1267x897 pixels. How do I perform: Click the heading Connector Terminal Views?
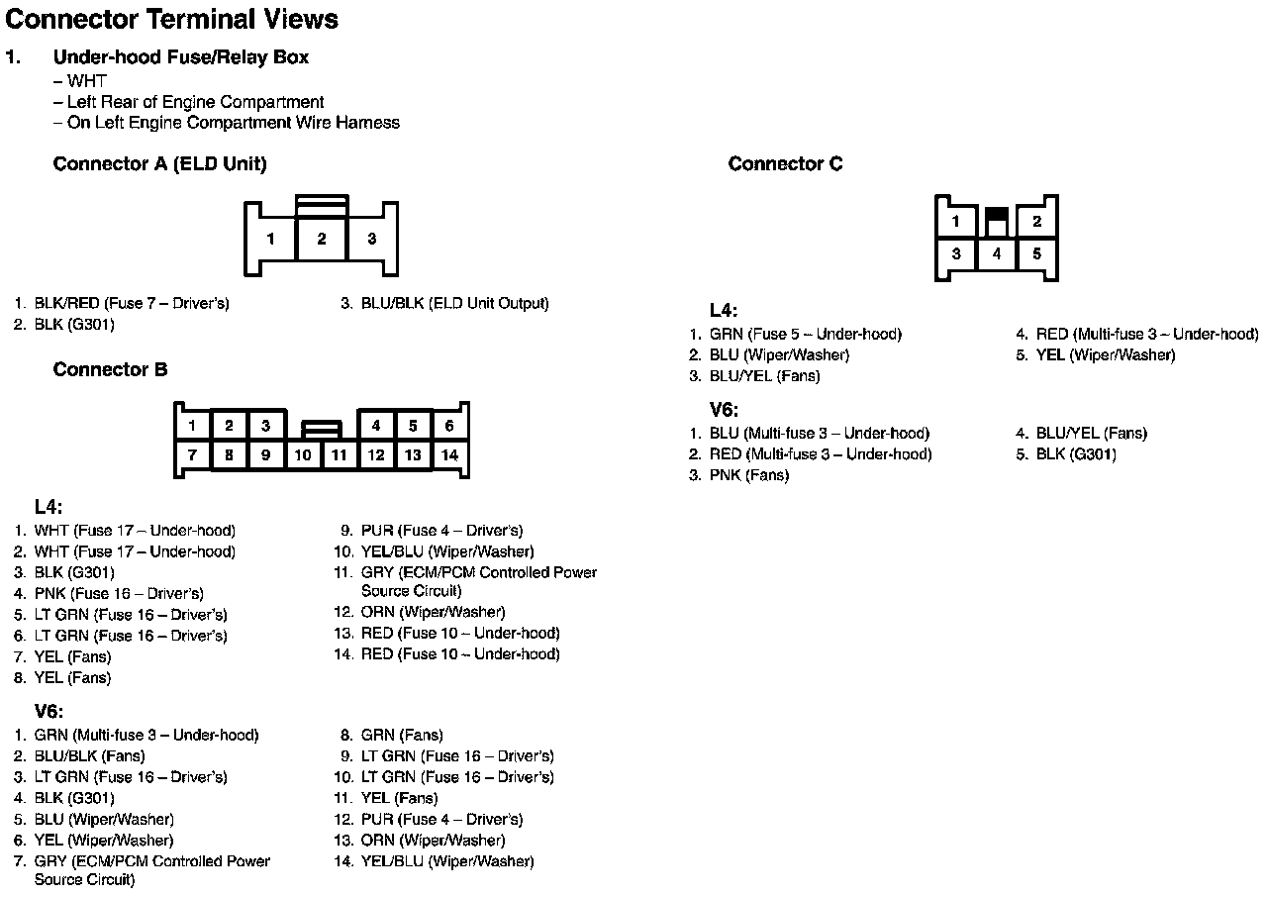click(x=171, y=19)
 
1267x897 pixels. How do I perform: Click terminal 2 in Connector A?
click(x=322, y=239)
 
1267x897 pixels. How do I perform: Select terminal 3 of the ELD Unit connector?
click(x=371, y=239)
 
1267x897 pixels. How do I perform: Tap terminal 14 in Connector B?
click(x=449, y=455)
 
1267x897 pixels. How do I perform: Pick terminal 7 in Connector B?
click(x=192, y=455)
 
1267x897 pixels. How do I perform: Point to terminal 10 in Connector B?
click(x=303, y=455)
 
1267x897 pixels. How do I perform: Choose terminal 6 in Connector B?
click(x=449, y=426)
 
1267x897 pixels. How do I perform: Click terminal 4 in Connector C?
click(x=997, y=254)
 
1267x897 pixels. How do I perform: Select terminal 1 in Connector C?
click(x=956, y=222)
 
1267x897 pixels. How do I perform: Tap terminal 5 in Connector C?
click(x=1036, y=254)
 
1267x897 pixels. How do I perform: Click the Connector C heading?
click(x=785, y=164)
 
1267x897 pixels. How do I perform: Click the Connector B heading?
click(x=110, y=370)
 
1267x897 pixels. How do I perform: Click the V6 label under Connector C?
click(x=724, y=410)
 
